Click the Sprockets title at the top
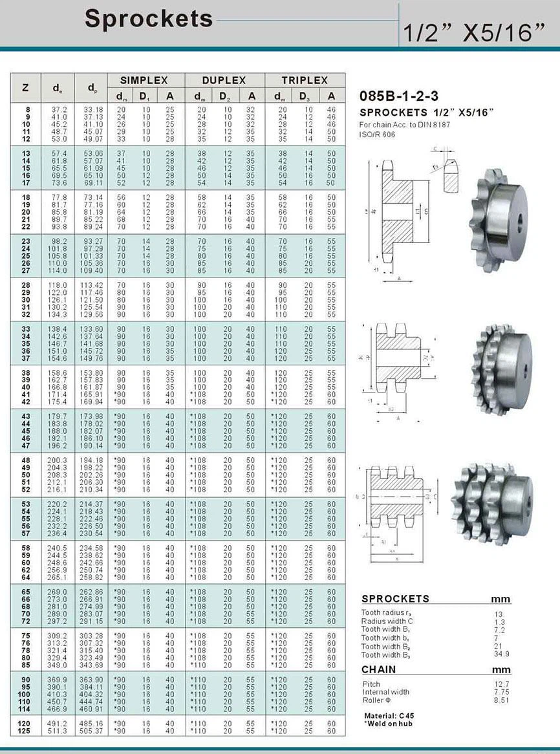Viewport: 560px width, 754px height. coord(149,19)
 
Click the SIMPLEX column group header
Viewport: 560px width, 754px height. coord(146,81)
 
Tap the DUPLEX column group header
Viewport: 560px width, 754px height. coord(224,81)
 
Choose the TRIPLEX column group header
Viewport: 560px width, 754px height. coord(305,81)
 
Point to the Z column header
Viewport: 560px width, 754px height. coord(25,88)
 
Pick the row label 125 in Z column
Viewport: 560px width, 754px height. coord(25,731)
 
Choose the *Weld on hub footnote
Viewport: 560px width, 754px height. coord(388,723)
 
